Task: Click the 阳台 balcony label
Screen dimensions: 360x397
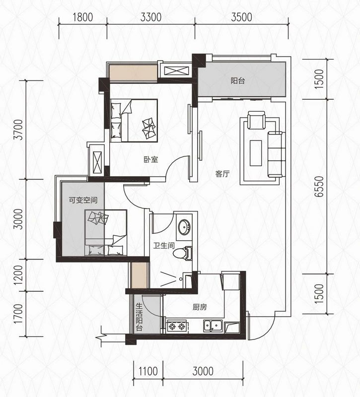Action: [238, 81]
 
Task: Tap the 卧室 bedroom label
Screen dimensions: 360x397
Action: [151, 159]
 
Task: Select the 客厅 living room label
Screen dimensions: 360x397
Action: [222, 174]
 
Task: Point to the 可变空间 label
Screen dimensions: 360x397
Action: [83, 200]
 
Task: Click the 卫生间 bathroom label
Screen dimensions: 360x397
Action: [164, 245]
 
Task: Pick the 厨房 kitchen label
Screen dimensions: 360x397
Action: [200, 307]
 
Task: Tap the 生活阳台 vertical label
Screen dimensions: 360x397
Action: [139, 317]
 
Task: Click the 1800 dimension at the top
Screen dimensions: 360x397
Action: [83, 17]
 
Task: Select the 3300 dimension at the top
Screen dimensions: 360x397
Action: [151, 17]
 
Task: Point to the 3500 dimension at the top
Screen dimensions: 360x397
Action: [242, 17]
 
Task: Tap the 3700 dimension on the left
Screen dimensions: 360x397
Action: [18, 130]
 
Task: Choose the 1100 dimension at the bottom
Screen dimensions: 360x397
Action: [148, 371]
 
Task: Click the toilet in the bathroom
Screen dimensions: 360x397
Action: [182, 253]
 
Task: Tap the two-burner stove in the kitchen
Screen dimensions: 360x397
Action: [177, 326]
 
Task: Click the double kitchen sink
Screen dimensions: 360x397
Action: [213, 326]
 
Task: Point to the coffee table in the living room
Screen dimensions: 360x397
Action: [256, 153]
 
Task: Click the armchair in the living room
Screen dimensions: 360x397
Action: [256, 120]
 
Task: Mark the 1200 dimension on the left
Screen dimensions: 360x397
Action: [18, 275]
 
